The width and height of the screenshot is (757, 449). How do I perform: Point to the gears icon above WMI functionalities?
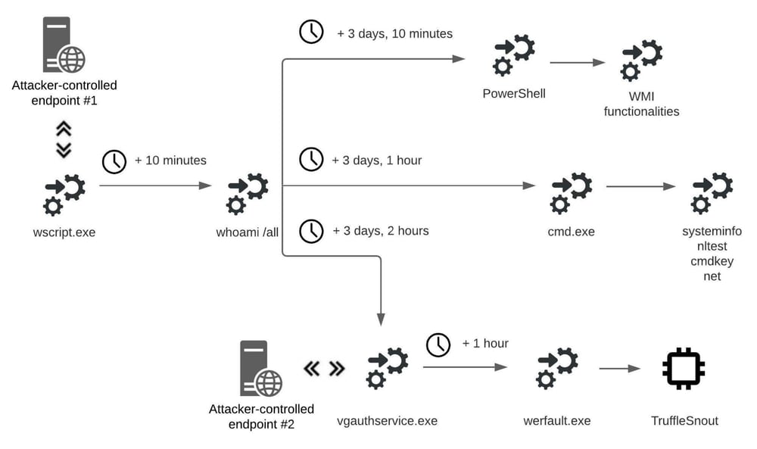[642, 61]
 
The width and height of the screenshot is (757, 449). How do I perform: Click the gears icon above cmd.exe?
[572, 194]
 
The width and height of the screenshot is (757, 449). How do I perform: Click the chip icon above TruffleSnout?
[684, 369]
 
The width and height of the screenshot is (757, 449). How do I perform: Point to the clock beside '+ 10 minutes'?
[114, 161]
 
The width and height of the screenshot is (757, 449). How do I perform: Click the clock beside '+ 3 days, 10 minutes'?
[312, 32]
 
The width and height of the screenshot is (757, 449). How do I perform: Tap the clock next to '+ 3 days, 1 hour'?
[311, 159]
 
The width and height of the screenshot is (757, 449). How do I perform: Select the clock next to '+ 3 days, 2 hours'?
[311, 231]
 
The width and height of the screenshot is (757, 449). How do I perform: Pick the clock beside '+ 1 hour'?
[438, 345]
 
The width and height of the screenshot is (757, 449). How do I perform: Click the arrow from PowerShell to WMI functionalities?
[578, 62]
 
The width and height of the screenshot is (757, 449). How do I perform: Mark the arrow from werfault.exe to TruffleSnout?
[619, 369]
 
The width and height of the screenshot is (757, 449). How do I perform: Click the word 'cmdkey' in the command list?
[712, 261]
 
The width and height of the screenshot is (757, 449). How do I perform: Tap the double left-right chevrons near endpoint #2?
[324, 369]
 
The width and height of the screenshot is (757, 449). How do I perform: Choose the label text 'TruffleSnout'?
[684, 420]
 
